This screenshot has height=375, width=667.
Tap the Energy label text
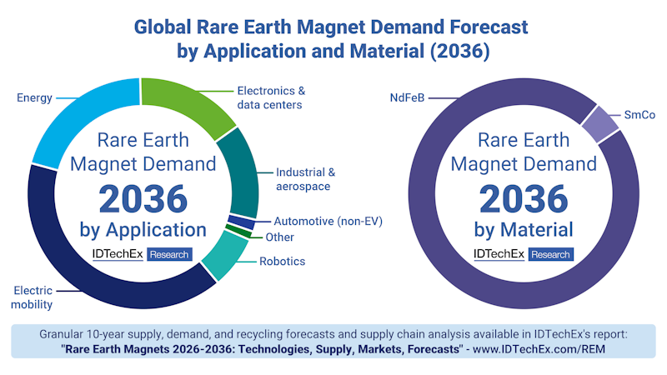click(x=34, y=97)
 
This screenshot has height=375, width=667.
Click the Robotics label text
click(x=282, y=262)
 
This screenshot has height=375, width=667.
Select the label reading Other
click(x=279, y=237)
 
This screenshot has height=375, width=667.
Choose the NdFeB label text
click(x=407, y=97)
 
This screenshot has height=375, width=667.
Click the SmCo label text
click(x=639, y=116)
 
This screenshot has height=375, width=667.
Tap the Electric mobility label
click(x=33, y=297)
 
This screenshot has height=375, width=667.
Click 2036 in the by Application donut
click(x=143, y=198)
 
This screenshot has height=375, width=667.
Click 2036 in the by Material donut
click(x=523, y=198)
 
